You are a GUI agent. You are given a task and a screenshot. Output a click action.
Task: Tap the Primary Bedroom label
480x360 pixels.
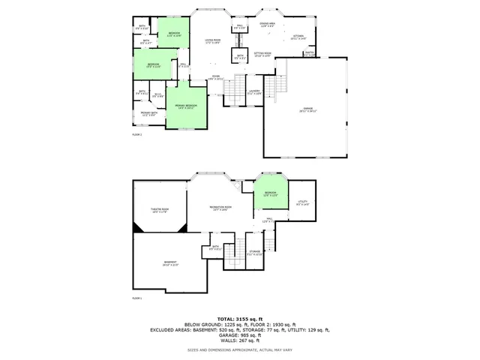pos(186,106)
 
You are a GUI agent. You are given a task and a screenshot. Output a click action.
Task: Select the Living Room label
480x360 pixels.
pos(213,41)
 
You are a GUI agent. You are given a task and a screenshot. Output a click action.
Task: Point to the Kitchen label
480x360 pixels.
pos(298,37)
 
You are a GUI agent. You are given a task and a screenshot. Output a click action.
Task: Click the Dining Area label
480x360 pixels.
pos(268,25)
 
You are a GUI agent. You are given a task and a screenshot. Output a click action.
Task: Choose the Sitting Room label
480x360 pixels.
pos(263,55)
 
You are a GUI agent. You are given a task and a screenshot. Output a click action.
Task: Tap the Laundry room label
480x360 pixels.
pos(253,93)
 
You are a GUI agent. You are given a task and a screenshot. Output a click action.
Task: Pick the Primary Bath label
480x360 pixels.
pos(148,114)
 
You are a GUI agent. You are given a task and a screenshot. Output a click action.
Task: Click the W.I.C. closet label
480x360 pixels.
pos(158,95)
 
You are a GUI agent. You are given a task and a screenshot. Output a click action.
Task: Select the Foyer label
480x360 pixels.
pos(215,76)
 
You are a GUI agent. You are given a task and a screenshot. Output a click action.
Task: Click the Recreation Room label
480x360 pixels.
pos(220,208)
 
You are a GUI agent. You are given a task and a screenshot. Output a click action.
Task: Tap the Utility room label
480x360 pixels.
pos(303,202)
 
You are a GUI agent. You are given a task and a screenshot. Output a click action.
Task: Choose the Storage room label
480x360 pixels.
pos(255,253)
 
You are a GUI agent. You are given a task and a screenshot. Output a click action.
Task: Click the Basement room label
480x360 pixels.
pos(170,263)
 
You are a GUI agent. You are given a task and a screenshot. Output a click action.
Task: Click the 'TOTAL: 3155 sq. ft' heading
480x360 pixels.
pos(240,319)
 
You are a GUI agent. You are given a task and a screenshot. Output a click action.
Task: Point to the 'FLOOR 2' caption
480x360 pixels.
pos(137,134)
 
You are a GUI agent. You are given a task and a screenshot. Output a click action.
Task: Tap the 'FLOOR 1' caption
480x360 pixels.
pos(137,298)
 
